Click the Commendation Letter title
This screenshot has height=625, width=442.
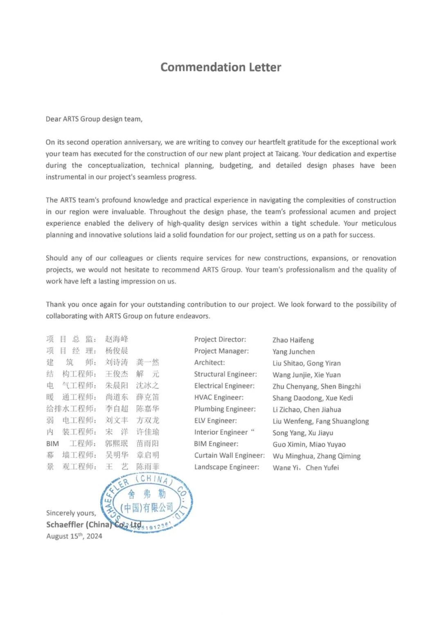pyautogui.click(x=221, y=67)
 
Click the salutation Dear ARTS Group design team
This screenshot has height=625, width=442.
pyautogui.click(x=94, y=119)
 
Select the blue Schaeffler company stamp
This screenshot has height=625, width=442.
pyautogui.click(x=147, y=502)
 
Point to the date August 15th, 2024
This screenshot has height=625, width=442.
pyautogui.click(x=74, y=536)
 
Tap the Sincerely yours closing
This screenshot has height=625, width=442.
pyautogui.click(x=71, y=513)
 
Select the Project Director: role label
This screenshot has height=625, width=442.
pyautogui.click(x=220, y=339)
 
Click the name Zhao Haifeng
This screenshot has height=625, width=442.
pyautogui.click(x=293, y=340)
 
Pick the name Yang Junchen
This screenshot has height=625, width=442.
pyautogui.click(x=293, y=352)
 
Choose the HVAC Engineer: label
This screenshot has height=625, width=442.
pyautogui.click(x=219, y=398)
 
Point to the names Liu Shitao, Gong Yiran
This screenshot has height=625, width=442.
pyautogui.click(x=307, y=363)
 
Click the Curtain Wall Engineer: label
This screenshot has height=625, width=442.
pyautogui.click(x=229, y=456)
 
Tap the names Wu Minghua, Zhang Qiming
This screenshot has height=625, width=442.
pyautogui.click(x=316, y=456)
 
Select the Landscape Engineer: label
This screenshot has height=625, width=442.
pyautogui.click(x=226, y=467)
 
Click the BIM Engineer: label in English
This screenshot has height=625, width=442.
pyautogui.click(x=216, y=444)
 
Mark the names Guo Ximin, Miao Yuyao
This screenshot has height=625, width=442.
pyautogui.click(x=309, y=445)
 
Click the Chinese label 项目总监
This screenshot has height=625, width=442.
pyautogui.click(x=71, y=339)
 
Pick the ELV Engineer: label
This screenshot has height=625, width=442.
pyautogui.click(x=215, y=420)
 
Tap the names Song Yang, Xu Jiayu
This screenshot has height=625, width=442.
pyautogui.click(x=303, y=433)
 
